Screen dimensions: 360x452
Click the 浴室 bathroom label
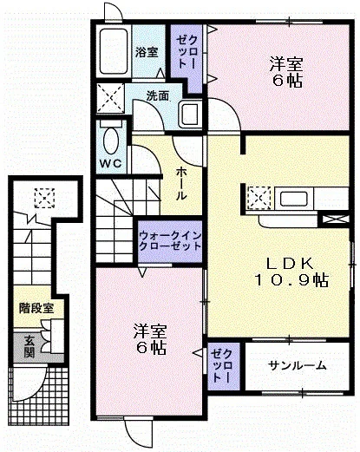coord(147,52)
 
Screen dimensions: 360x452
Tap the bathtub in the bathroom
coord(114,51)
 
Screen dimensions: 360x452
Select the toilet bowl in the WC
coord(111,141)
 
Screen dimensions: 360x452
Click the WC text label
coord(111,164)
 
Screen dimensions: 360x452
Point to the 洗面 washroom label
coord(157,96)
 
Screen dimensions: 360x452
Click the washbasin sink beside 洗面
coord(190,115)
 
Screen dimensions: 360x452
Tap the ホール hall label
coord(181,184)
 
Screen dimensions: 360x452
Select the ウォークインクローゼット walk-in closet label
coord(170,240)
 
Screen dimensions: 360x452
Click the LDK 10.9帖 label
coord(291,272)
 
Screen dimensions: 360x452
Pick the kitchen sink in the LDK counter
coord(293,199)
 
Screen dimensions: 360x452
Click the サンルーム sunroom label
coord(297,366)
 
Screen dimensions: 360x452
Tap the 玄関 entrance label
coord(29,346)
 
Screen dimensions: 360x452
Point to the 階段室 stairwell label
coord(36,308)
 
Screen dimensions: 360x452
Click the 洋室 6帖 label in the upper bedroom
coord(286,72)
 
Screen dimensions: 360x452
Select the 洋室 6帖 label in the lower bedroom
coord(150,339)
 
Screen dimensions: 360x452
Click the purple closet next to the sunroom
coord(224,366)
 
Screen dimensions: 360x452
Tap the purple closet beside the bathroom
coord(187,58)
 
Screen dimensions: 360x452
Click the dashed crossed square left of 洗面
coord(110,98)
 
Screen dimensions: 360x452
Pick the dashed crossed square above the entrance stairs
coord(44,198)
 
